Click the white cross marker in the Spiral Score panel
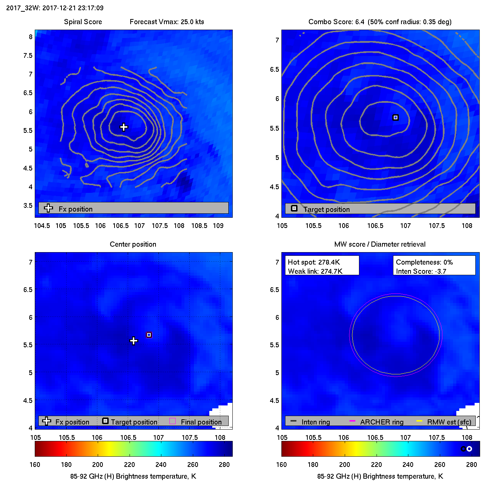[124, 127]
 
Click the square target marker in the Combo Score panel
[395, 117]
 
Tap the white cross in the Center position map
[134, 341]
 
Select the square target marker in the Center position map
[149, 335]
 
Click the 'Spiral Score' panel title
[83, 22]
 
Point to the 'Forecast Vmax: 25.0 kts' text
[167, 22]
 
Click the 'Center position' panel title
[133, 244]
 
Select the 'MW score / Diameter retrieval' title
[380, 244]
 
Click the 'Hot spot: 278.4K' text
[314, 262]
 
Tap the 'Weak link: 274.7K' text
[315, 271]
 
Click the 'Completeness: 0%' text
[424, 262]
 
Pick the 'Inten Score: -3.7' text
[421, 271]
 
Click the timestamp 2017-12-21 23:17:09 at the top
[73, 8]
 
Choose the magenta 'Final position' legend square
[172, 421]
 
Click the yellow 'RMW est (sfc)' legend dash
[419, 421]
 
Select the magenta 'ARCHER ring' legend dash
[352, 421]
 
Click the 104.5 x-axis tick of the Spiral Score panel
[42, 225]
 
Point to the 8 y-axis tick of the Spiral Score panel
[31, 37]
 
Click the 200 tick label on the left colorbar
[97, 464]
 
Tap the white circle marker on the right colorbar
[469, 449]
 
